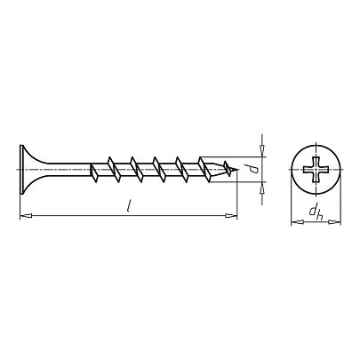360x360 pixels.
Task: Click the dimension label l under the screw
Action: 129,205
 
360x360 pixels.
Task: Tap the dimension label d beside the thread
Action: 253,169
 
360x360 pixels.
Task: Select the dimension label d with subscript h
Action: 316,212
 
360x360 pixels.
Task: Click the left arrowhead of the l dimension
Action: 26,216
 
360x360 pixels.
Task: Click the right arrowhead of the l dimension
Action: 231,216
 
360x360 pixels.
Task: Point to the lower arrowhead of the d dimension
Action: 262,188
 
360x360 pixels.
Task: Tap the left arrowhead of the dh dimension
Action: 297,221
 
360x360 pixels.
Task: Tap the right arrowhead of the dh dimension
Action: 335,221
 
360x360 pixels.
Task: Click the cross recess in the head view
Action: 316,170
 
